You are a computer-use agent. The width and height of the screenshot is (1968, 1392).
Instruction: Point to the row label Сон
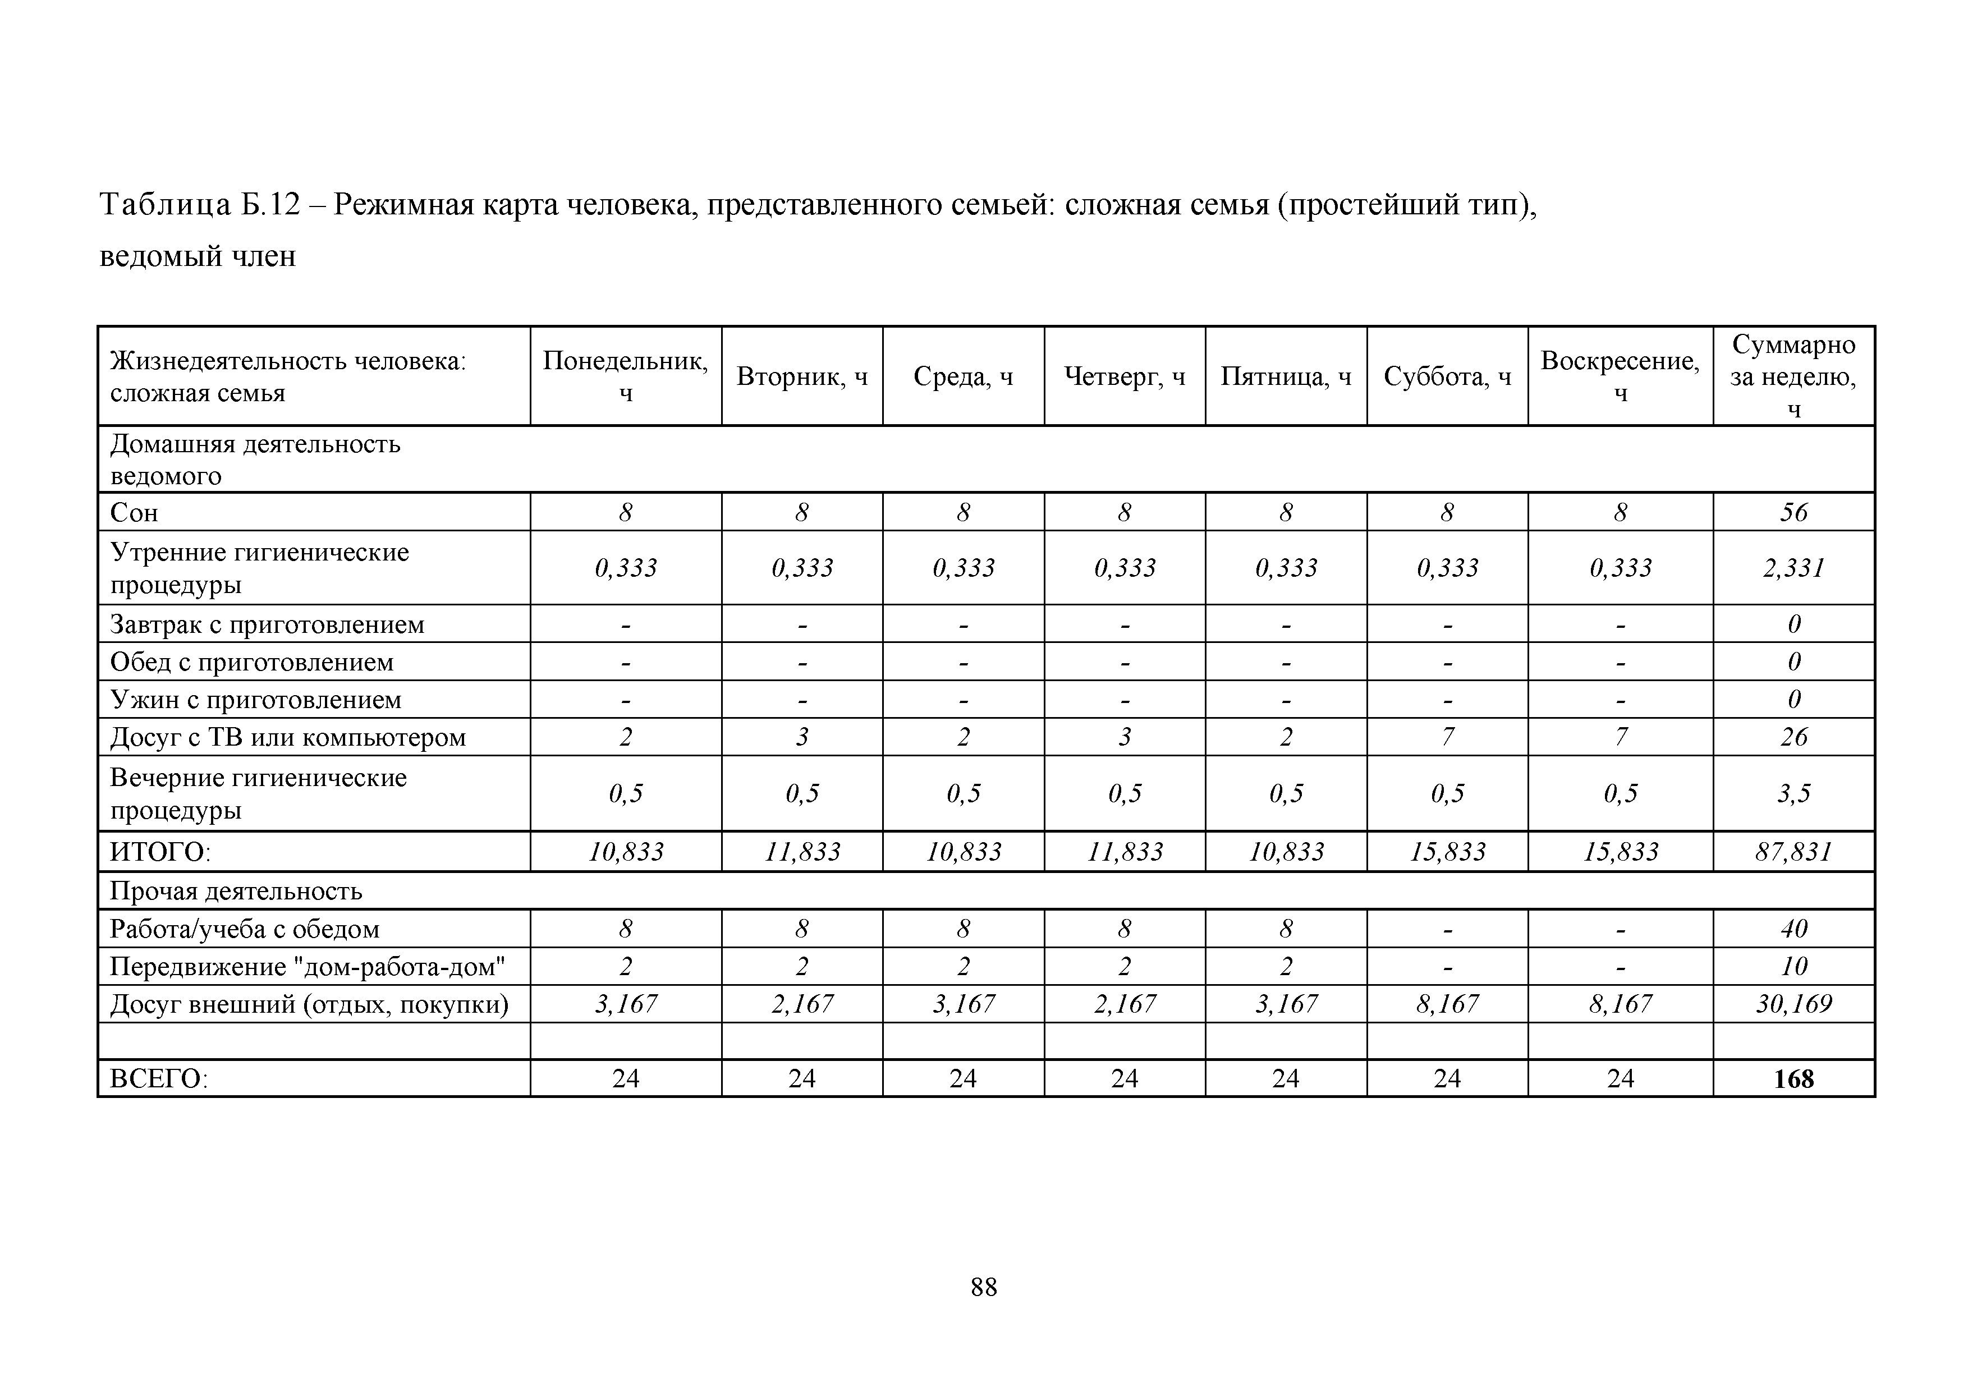coord(135,513)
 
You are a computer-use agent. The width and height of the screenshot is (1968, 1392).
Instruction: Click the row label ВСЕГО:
coord(159,1078)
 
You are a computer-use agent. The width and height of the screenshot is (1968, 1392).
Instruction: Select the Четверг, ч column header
coord(1125,376)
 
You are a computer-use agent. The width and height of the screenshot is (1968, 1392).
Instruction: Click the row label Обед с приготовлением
coord(252,661)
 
